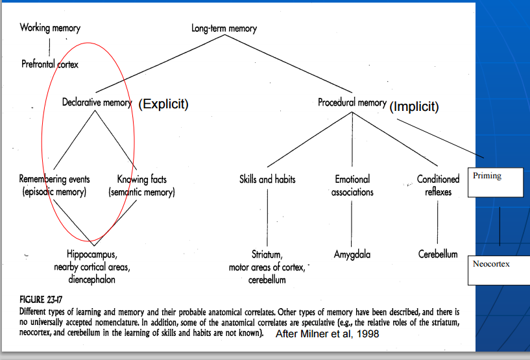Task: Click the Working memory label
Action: pos(50,28)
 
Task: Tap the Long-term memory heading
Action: pos(224,29)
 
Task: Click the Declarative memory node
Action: pos(97,102)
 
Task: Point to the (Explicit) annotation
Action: pos(163,104)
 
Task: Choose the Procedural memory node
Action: pos(352,102)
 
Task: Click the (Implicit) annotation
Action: pos(415,106)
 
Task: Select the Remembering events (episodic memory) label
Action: pos(54,186)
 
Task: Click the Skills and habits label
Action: pos(267,179)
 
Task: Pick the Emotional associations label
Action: pos(352,186)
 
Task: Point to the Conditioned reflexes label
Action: pos(438,186)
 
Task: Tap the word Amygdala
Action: pos(352,255)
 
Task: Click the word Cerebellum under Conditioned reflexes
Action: pos(438,255)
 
